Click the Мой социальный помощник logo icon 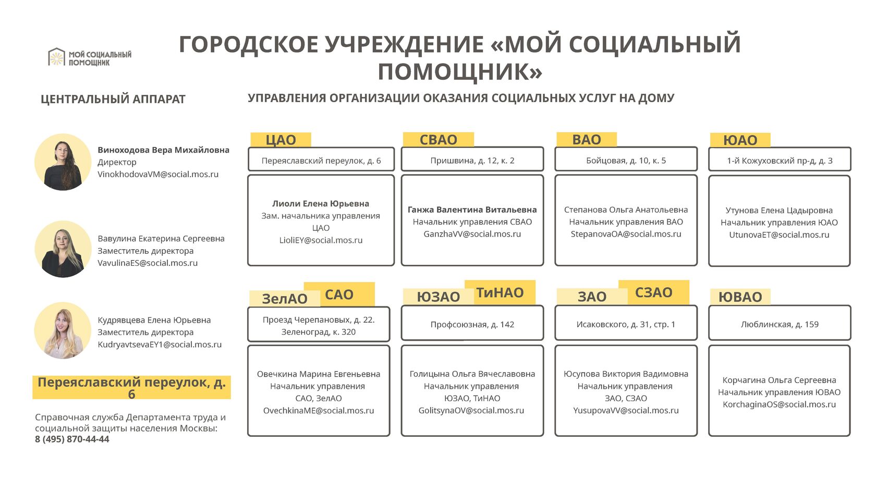pos(56,57)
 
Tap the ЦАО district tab pos(281,140)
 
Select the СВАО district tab pos(439,140)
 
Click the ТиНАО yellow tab pos(500,292)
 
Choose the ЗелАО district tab pos(284,299)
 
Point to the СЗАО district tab pos(653,292)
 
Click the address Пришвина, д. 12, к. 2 pos(472,161)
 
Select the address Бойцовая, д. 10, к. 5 pos(626,161)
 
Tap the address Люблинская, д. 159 pos(780,324)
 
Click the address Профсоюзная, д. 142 pos(472,324)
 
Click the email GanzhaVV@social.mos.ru pos(472,234)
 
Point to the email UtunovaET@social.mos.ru pos(779,235)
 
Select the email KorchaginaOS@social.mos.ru pos(779,404)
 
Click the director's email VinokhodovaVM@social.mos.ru pos(158,174)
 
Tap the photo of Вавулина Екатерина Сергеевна pos(63,249)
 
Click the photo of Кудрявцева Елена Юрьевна pos(63,330)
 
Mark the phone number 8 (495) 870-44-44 pos(72,439)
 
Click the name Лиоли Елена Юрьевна pos(321,204)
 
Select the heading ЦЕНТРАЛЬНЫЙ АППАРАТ pos(113,99)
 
